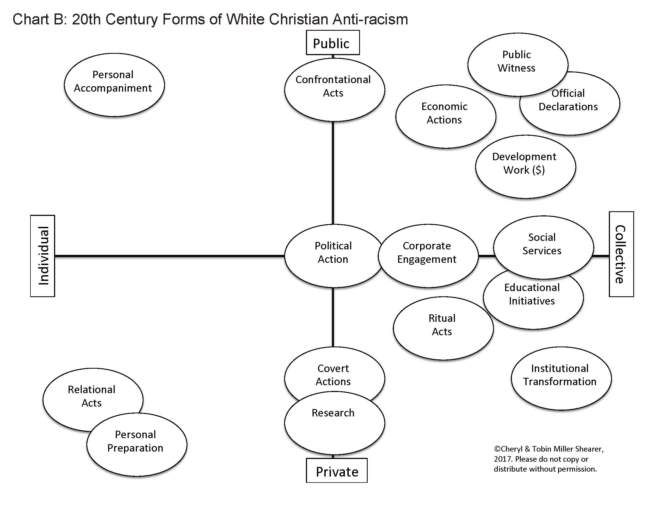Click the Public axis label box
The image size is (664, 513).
pos(333,43)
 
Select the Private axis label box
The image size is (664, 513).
pos(337,471)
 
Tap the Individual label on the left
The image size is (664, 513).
pos(43,256)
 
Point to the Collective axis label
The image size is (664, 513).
pos(621,254)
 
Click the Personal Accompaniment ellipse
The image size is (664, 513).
pos(114,85)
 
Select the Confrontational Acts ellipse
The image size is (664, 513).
pos(334,89)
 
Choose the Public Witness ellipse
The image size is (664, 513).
pos(517,62)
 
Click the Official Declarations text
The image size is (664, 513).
pos(568,100)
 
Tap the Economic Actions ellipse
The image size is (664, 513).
pos(445,116)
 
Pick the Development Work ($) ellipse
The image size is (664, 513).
pos(525,166)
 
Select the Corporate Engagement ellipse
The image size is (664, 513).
pos(428,256)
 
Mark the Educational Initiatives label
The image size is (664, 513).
pos(532,294)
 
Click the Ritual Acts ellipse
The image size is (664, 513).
pos(443,328)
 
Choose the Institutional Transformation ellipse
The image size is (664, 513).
pos(561,378)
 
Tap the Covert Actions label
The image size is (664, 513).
pos(333,375)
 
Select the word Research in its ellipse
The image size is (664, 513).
pos(333,413)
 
